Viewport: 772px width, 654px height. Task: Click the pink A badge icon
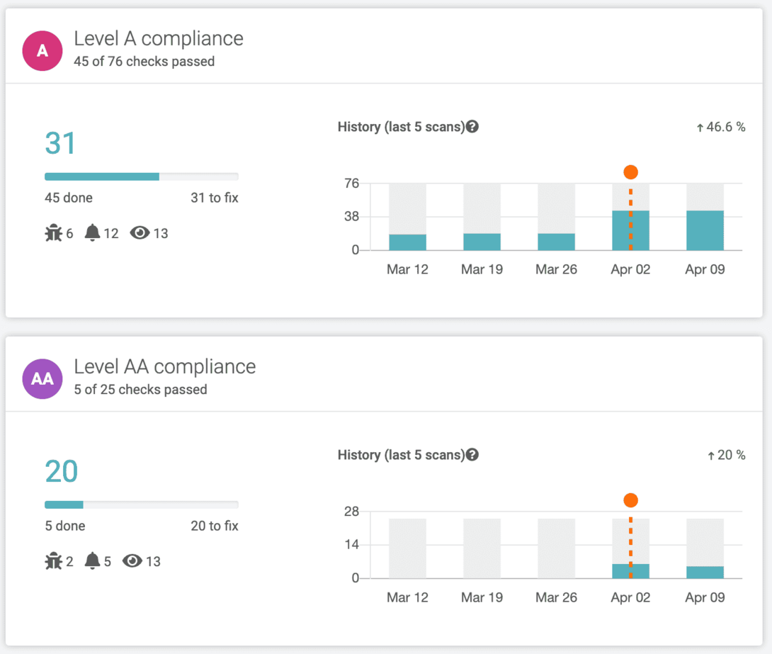tap(42, 50)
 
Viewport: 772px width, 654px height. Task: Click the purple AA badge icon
tap(42, 378)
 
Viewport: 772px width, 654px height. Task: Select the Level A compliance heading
tap(159, 38)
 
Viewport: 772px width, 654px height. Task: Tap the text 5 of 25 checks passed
tap(140, 389)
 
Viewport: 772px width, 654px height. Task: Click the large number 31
tap(60, 143)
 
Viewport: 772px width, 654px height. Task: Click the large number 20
tap(61, 471)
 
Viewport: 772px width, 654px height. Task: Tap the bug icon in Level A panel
tap(54, 233)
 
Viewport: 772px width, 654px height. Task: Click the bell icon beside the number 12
tap(92, 233)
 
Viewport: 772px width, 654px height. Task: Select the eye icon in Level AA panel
tap(132, 561)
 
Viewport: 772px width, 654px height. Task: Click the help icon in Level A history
tap(472, 127)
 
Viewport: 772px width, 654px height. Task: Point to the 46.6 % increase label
tap(721, 128)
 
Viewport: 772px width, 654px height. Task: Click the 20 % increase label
tap(727, 456)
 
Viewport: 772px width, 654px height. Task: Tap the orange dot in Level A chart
tap(630, 172)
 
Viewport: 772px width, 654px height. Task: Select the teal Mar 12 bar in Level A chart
tap(407, 242)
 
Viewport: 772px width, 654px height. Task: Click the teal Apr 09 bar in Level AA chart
tap(705, 572)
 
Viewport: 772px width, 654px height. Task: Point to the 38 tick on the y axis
tap(351, 217)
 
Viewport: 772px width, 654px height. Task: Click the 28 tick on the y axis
tap(351, 512)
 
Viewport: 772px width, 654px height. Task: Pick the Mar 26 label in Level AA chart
tap(556, 597)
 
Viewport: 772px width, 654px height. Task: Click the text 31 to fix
tap(214, 198)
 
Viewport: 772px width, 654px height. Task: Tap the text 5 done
tap(65, 526)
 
